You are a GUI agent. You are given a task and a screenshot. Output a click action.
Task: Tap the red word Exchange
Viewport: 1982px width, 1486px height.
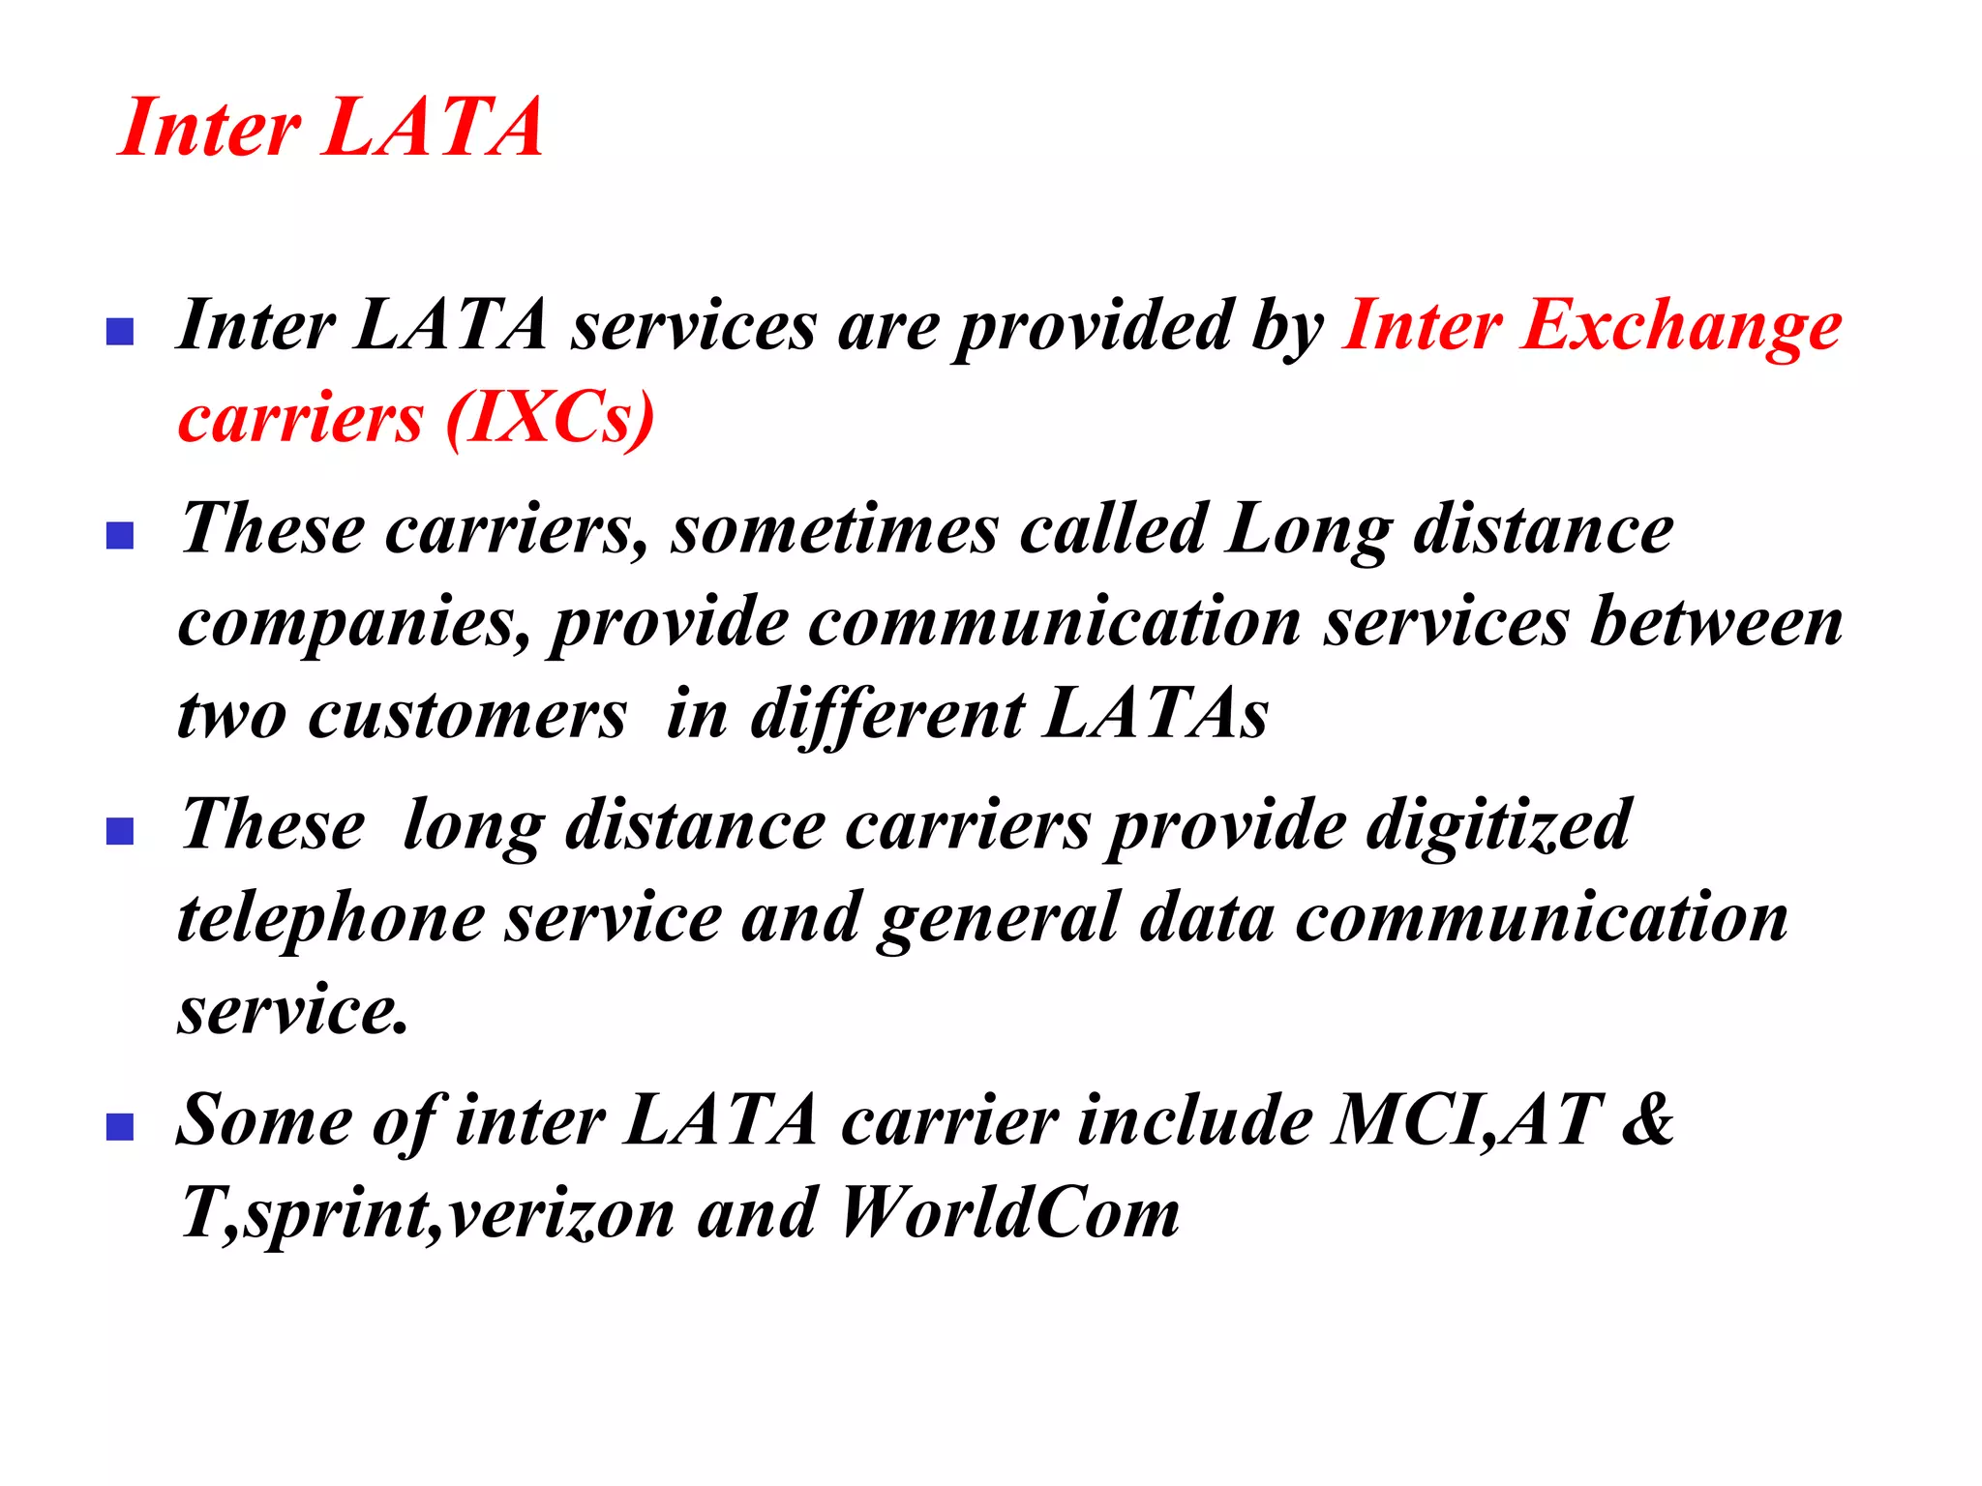pos(1681,326)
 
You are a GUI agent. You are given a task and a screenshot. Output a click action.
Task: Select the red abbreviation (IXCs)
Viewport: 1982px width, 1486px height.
pos(550,418)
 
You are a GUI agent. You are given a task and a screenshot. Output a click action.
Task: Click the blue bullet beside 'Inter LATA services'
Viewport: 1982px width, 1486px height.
pos(119,332)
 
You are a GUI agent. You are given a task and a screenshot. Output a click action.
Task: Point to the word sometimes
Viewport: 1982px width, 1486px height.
pos(835,530)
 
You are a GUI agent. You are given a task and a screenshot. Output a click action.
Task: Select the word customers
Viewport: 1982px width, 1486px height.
pos(467,715)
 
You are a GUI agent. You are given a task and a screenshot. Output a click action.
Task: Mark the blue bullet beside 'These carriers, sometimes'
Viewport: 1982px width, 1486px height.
pos(119,535)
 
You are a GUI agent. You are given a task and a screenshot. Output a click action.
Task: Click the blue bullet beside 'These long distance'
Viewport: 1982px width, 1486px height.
pos(119,831)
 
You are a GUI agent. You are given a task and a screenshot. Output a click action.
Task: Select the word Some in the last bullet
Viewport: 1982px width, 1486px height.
pos(265,1119)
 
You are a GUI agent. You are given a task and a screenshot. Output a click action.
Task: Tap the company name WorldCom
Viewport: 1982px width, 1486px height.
pos(1009,1212)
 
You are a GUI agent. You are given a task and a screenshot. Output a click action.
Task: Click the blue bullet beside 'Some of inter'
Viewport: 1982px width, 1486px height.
pos(119,1126)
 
